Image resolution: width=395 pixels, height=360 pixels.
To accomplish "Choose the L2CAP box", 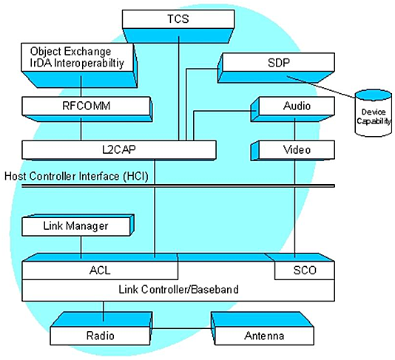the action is (x=119, y=150).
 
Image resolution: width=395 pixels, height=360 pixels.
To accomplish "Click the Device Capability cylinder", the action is (x=374, y=113).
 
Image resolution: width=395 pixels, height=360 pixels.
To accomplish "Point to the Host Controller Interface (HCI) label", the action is (x=76, y=176).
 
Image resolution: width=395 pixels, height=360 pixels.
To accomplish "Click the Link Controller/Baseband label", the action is (x=178, y=290).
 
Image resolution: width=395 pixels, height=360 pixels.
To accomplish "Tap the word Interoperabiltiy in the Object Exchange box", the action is (x=90, y=64).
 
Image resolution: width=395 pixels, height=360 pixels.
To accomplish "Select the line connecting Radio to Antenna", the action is (x=182, y=328).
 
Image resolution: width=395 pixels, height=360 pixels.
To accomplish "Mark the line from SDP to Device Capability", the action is (x=321, y=86).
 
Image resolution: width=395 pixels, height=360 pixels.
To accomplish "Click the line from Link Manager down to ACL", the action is (x=81, y=247).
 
